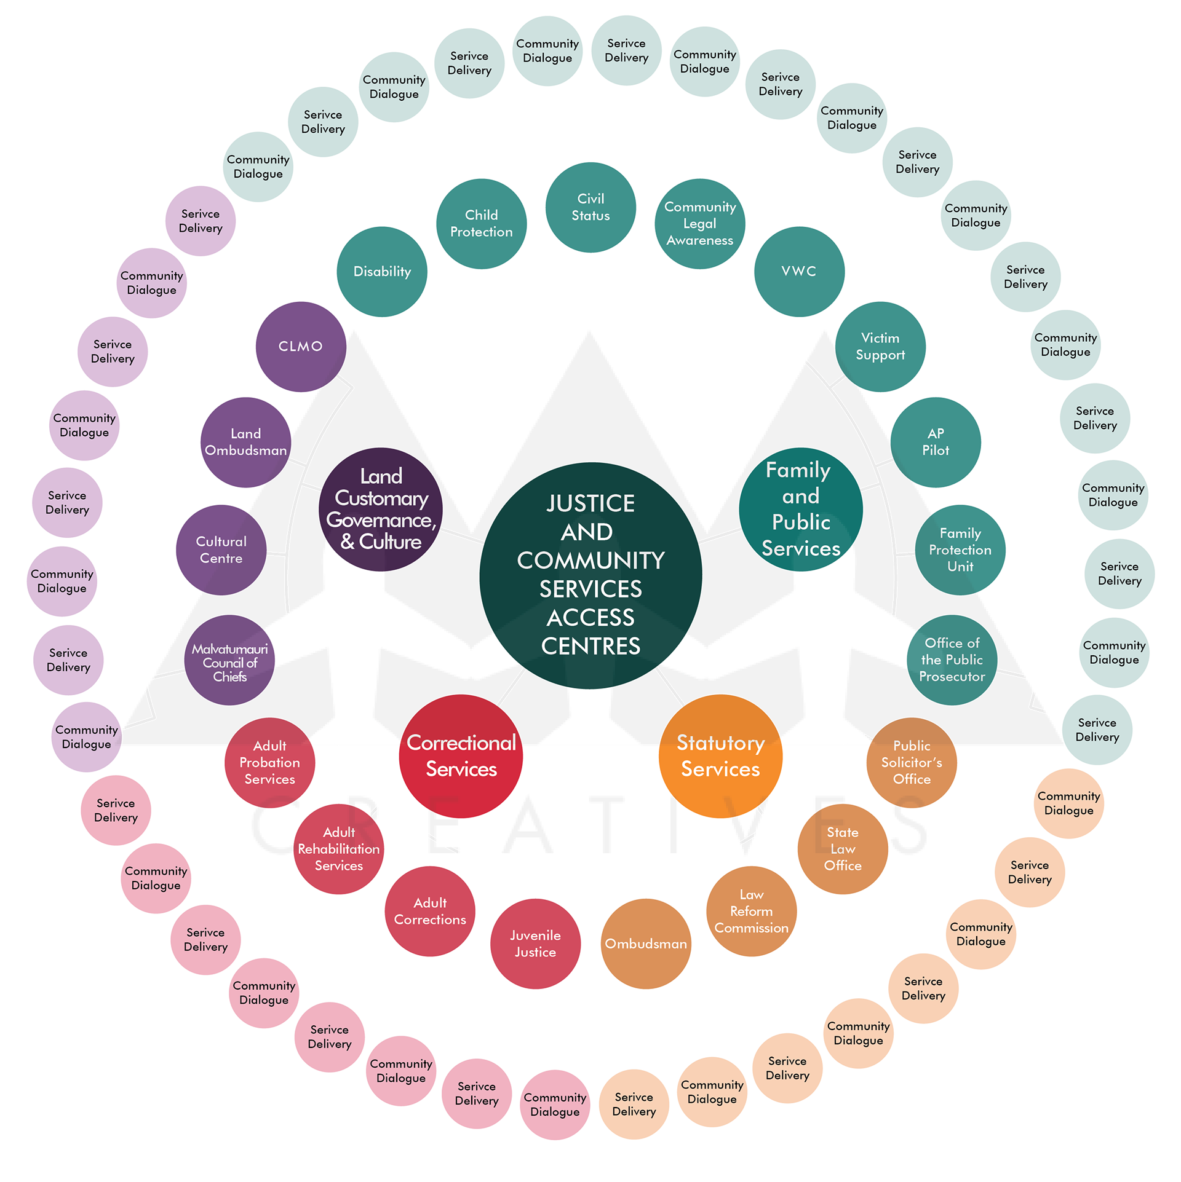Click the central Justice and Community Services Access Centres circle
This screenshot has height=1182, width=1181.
pos(590,575)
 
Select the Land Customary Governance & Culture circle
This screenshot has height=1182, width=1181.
pos(381,509)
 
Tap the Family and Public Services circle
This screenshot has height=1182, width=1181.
pos(800,509)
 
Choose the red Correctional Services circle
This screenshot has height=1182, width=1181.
pos(461,756)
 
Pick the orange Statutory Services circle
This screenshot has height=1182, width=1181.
pos(720,756)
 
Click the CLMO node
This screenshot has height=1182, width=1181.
pos(301,347)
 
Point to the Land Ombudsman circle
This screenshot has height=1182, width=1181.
pos(245,442)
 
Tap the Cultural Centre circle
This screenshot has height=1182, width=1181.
pos(221,550)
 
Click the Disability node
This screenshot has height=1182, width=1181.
pos(382,272)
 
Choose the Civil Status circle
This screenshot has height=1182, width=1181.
pos(590,207)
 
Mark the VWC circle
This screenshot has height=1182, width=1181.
pos(799,272)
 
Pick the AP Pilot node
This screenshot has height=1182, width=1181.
pos(936,442)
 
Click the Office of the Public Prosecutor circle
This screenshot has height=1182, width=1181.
pos(952,660)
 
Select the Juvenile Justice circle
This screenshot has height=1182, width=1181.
pos(535,944)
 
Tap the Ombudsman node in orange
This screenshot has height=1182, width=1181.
pos(646,944)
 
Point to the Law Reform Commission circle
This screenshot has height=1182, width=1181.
pos(751,911)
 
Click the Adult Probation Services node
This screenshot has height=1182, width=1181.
pos(269,763)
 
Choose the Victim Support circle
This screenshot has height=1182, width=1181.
pos(880,347)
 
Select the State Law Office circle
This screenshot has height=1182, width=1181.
pos(843,849)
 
